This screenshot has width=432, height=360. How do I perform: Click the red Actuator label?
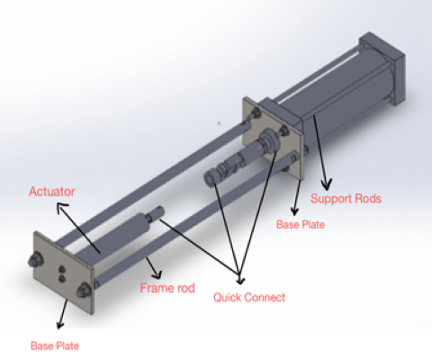52,192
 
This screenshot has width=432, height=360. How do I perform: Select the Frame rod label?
167,288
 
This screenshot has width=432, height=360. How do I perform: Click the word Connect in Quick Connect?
265,297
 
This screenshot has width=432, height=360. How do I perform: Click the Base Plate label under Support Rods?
301,224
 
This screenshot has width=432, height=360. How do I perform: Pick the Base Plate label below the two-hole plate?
55,346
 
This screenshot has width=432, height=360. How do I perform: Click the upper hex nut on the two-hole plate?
35,260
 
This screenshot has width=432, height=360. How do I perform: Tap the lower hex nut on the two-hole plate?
83,291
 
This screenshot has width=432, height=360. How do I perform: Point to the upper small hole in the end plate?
62,269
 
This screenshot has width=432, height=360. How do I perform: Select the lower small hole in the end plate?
62,279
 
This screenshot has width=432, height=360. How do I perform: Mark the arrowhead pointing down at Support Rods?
326,184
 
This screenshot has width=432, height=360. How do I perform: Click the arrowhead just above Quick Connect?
240,279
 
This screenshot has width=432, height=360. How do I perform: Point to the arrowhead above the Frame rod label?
157,274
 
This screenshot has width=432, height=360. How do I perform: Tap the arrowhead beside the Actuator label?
62,208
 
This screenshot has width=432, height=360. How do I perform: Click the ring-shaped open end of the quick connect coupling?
210,177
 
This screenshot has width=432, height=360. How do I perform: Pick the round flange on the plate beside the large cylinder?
270,140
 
